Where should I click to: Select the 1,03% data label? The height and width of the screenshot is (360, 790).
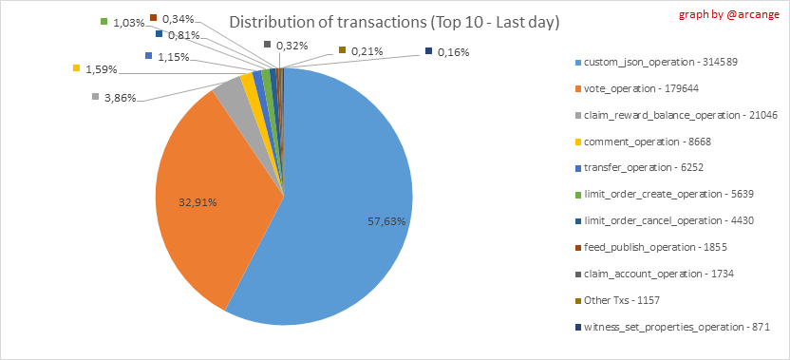tap(122, 23)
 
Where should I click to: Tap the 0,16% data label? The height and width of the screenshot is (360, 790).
tap(447, 52)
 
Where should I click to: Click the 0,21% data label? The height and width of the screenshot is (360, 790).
tap(361, 51)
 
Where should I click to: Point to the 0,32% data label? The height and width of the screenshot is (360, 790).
tap(286, 46)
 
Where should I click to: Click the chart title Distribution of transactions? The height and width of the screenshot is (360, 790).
tap(394, 23)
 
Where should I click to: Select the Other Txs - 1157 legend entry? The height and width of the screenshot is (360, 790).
tap(618, 300)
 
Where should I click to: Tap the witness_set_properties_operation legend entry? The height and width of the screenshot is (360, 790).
tap(673, 327)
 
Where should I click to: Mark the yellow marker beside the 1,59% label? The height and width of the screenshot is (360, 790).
tap(77, 67)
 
